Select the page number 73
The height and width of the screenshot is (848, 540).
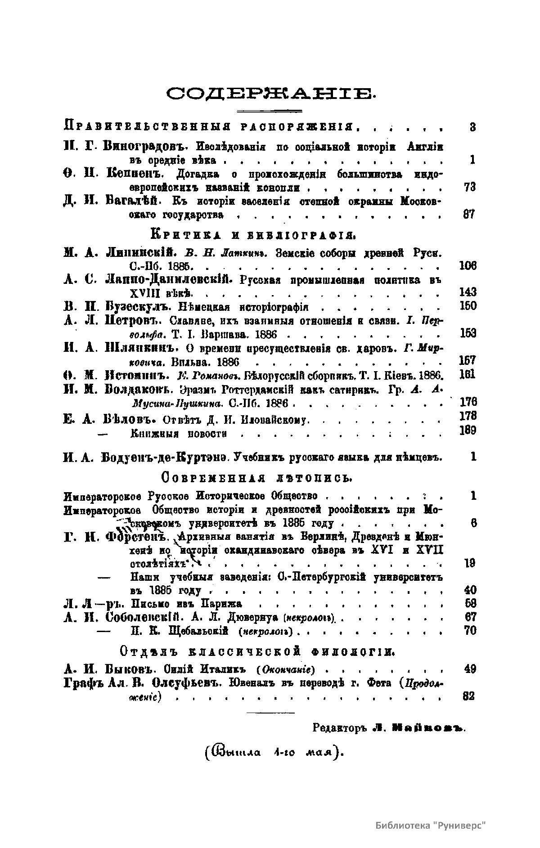tap(469, 188)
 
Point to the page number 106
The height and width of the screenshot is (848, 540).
tap(467, 265)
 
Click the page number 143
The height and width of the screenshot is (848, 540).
tap(467, 292)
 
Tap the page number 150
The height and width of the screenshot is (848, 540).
tap(467, 306)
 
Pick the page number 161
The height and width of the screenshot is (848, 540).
tap(467, 375)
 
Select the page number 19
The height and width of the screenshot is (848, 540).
tap(469, 563)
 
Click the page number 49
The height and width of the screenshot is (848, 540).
tap(469, 669)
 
